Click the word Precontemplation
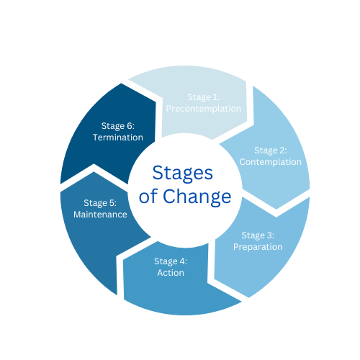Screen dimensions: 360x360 click(x=204, y=109)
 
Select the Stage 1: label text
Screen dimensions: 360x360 click(x=204, y=97)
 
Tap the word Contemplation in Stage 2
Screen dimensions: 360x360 click(x=271, y=162)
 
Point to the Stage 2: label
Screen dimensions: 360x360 click(x=271, y=150)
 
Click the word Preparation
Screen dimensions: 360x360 click(x=258, y=247)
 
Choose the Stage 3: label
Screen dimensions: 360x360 click(x=258, y=235)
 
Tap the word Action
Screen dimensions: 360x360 click(x=171, y=273)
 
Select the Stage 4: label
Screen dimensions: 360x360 click(x=171, y=261)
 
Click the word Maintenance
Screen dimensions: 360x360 click(x=100, y=215)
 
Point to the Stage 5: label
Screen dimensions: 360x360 click(x=100, y=203)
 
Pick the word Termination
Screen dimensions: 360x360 click(x=118, y=138)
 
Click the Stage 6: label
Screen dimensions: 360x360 click(x=118, y=126)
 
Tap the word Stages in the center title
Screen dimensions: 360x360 click(x=183, y=174)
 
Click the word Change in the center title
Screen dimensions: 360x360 click(x=197, y=197)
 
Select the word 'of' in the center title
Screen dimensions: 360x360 click(x=148, y=196)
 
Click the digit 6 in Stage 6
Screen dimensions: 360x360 click(x=130, y=126)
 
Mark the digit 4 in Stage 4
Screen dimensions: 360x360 click(x=182, y=261)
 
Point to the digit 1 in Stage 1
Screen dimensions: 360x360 click(x=215, y=97)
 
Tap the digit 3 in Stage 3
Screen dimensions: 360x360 click(x=269, y=235)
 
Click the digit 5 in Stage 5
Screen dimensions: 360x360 click(x=112, y=203)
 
